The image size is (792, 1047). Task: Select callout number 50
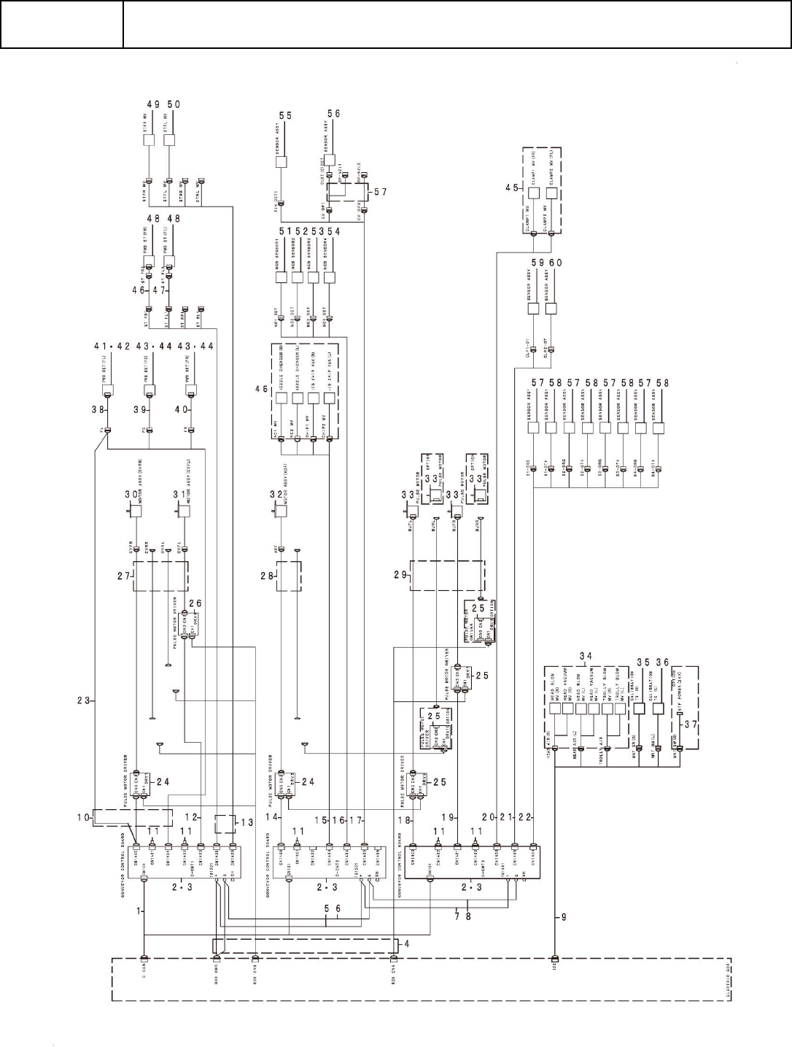175,104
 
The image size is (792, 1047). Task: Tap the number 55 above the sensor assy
285,115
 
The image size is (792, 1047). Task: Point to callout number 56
333,114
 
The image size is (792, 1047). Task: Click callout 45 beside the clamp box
513,188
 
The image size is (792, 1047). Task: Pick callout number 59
537,262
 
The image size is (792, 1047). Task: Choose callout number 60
556,262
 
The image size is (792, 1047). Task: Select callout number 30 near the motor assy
131,494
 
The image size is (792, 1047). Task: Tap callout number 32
276,494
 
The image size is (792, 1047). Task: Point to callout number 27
123,576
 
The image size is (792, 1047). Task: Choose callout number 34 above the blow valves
586,655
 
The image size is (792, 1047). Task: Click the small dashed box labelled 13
225,824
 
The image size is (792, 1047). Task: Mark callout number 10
84,816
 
